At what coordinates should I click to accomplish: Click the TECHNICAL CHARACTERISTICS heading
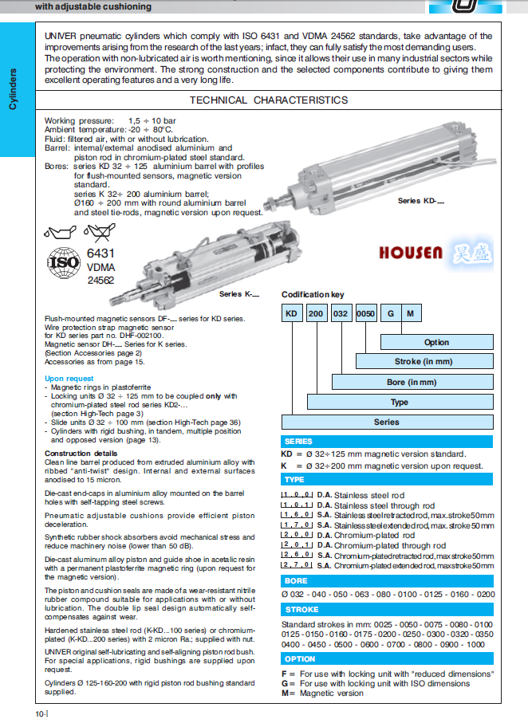click(x=268, y=100)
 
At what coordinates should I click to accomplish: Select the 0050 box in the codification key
click(x=366, y=314)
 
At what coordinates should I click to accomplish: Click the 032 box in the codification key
click(x=341, y=314)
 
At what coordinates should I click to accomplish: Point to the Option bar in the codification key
click(x=436, y=342)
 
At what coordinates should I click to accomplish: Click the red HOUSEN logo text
click(x=411, y=253)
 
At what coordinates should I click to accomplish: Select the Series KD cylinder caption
click(x=420, y=201)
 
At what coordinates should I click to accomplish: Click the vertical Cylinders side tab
click(x=13, y=88)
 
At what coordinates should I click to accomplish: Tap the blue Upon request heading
click(x=65, y=379)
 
